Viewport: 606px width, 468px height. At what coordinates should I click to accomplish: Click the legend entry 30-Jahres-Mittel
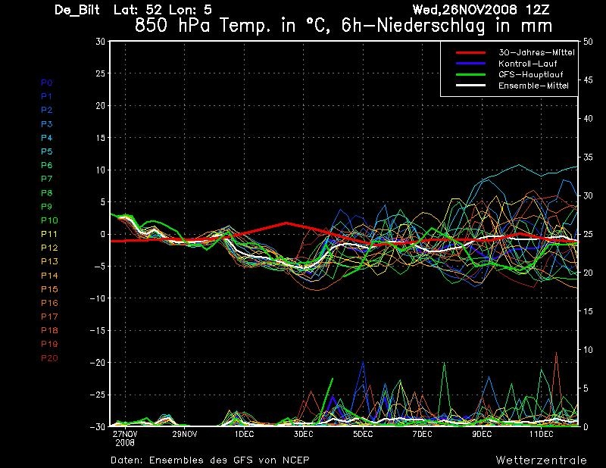click(x=536, y=52)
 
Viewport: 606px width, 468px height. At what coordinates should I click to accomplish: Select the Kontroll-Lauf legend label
click(x=527, y=64)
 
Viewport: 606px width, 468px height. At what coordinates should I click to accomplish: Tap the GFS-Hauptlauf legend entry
click(x=531, y=74)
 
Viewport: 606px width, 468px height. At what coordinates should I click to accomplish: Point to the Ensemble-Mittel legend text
click(x=533, y=86)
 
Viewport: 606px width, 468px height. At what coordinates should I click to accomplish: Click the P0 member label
click(x=47, y=83)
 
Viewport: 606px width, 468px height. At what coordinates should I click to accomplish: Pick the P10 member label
click(x=49, y=220)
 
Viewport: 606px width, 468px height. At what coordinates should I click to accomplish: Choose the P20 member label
click(x=49, y=358)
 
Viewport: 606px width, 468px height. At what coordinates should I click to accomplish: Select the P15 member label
click(x=49, y=289)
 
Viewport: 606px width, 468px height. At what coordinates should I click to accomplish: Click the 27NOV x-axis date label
click(x=125, y=434)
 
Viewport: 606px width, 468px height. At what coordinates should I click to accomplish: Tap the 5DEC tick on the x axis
click(x=363, y=434)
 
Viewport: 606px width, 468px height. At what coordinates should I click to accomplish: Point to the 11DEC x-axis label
click(x=541, y=434)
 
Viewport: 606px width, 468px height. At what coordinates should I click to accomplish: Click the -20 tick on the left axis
click(x=98, y=363)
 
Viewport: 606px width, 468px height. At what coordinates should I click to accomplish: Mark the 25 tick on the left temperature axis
click(x=100, y=73)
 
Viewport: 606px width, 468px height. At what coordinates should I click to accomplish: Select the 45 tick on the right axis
click(x=588, y=80)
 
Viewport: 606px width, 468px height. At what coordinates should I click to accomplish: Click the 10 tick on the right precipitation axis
click(x=588, y=350)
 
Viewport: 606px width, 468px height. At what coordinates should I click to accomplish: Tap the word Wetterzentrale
click(x=541, y=460)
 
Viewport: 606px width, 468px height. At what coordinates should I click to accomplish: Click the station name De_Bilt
click(x=77, y=10)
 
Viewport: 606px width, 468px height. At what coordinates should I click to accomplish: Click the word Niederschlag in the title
click(x=430, y=27)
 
